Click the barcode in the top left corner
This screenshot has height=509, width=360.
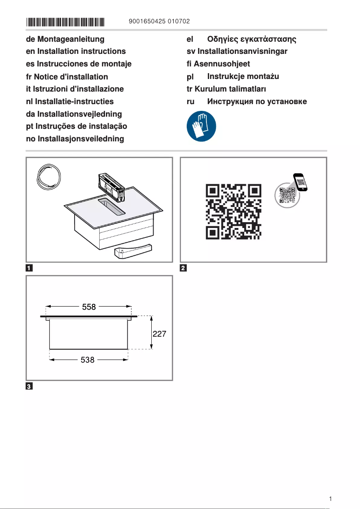click(x=65, y=21)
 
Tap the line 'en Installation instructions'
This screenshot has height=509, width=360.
click(x=76, y=52)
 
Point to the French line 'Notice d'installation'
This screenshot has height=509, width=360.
click(x=67, y=77)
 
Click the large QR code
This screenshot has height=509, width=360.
click(x=233, y=211)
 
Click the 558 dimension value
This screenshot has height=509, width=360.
click(x=89, y=307)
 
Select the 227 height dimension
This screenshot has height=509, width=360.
click(x=160, y=334)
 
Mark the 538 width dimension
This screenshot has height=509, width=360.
click(x=88, y=360)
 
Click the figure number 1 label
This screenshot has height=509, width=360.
click(x=29, y=268)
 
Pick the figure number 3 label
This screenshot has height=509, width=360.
click(x=29, y=386)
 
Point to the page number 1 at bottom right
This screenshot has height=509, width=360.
click(x=330, y=499)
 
